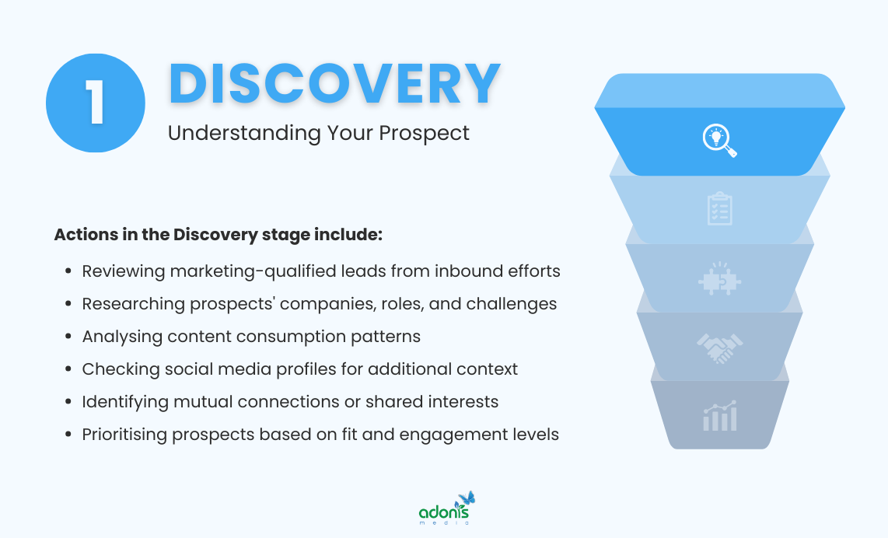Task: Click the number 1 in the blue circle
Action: coord(96,103)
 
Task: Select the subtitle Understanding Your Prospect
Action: coord(318,133)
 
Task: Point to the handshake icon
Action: coord(719,348)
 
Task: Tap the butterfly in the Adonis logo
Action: coord(467,498)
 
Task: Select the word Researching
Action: coord(133,304)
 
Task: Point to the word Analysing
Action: coord(121,337)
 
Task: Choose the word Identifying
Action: coord(126,402)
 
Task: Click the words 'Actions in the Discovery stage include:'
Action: coord(219,234)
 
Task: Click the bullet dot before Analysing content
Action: coord(68,337)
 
